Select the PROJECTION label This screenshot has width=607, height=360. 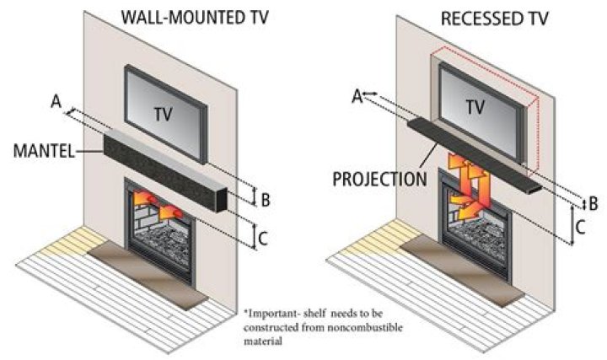point(380,180)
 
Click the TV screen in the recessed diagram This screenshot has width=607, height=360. point(476,105)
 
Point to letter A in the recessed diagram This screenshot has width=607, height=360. point(357,96)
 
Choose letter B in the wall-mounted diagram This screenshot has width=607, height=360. point(264,200)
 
